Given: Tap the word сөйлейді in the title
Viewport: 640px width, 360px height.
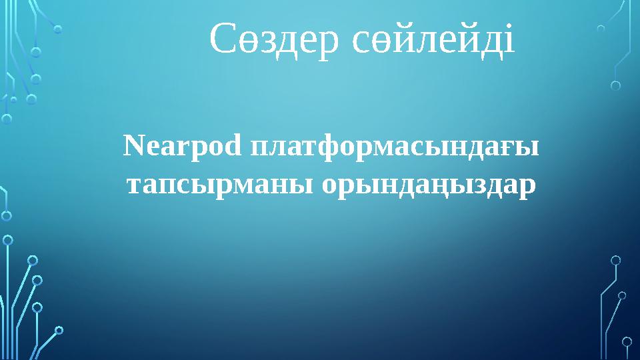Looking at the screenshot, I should pos(433,40).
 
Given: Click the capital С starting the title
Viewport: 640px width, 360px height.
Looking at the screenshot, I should pos(223,40).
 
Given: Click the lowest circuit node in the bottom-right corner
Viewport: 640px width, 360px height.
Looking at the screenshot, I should pos(627,341).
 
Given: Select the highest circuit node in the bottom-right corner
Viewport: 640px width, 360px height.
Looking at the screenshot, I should pos(615,260).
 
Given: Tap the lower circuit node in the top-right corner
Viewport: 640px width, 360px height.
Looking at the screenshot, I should pos(615,85).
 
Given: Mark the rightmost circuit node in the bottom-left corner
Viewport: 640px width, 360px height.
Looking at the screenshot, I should pos(59,329).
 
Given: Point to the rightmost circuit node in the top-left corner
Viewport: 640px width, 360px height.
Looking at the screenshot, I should pos(58,29).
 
